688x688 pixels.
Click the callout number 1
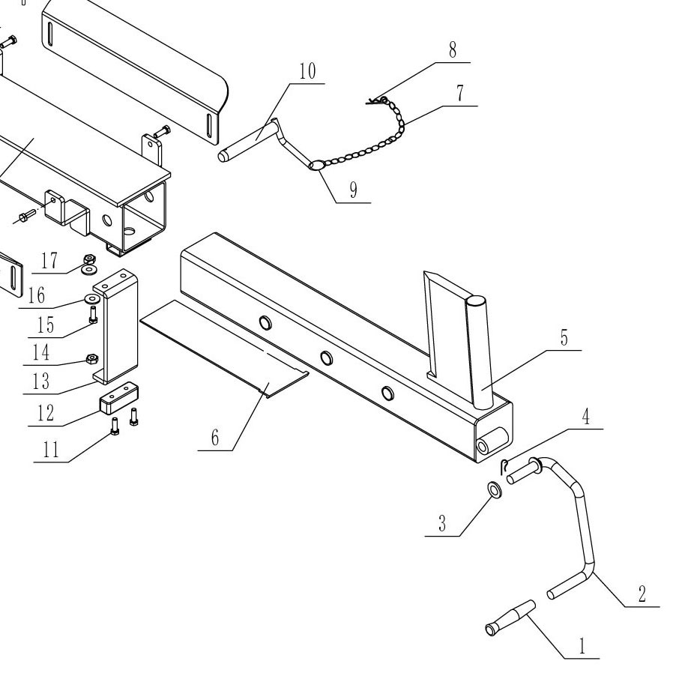[x=582, y=647]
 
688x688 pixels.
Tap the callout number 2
[x=642, y=594]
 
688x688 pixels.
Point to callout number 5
[x=564, y=339]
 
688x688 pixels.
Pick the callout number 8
[x=452, y=51]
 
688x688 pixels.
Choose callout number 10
[x=307, y=72]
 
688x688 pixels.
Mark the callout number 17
[x=49, y=262]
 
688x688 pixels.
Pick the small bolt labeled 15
[x=92, y=315]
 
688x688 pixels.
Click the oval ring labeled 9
[x=316, y=165]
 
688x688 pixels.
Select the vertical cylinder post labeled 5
[x=479, y=351]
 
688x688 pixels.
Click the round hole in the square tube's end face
[x=483, y=445]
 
